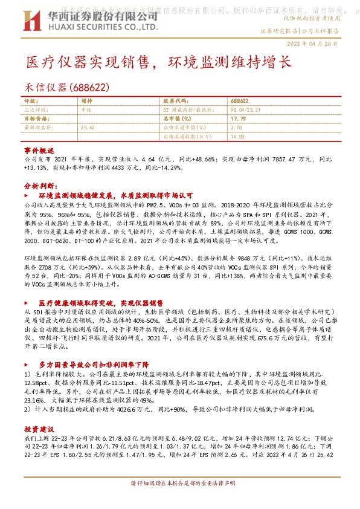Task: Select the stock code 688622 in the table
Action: pyautogui.click(x=240, y=101)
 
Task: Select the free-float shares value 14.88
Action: pyautogui.click(x=237, y=137)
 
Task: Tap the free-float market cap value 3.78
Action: pyautogui.click(x=236, y=128)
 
